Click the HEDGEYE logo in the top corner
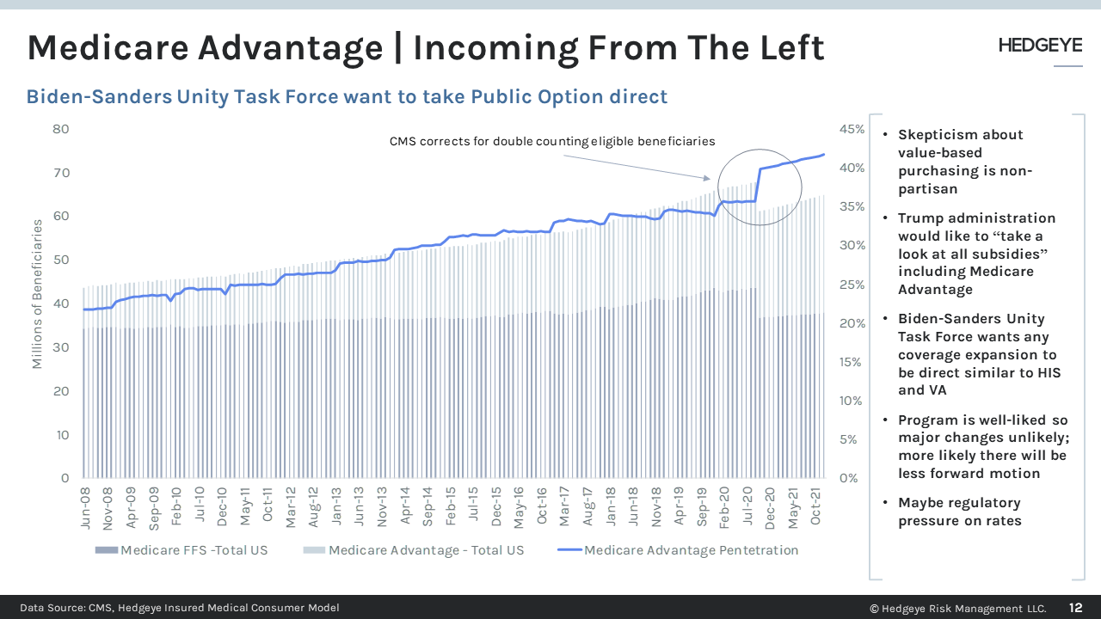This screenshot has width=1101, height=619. click(x=1040, y=46)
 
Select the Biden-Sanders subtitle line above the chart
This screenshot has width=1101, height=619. click(x=347, y=96)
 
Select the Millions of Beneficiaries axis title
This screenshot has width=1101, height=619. click(x=37, y=294)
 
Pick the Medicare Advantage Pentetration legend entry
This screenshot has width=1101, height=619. click(x=680, y=550)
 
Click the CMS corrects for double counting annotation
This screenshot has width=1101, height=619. click(x=552, y=141)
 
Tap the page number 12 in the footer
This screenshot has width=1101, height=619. click(x=1076, y=608)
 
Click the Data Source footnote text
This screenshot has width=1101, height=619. click(x=180, y=608)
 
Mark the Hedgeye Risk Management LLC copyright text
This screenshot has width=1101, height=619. click(x=957, y=608)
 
